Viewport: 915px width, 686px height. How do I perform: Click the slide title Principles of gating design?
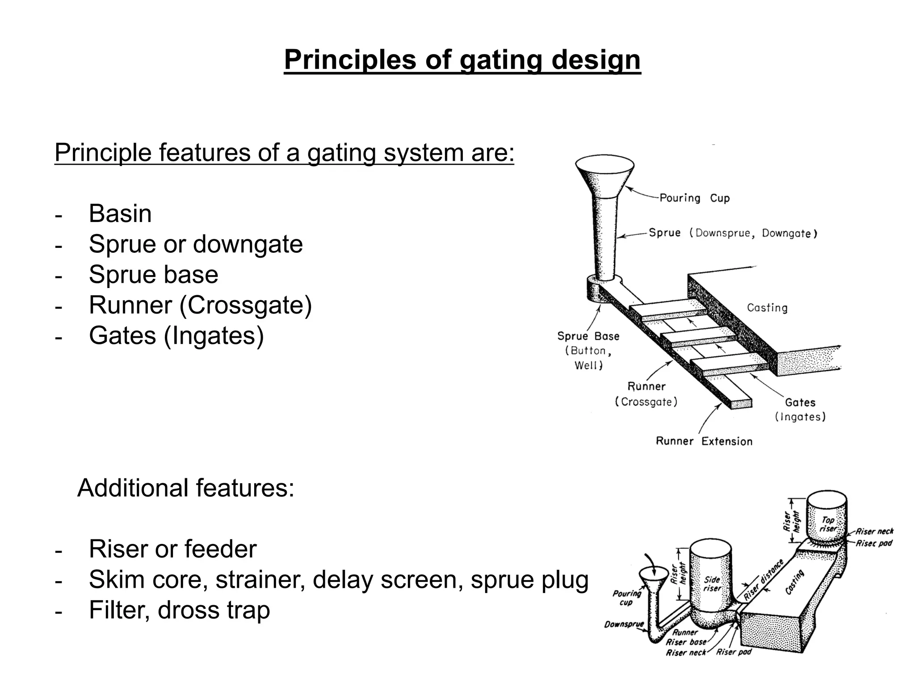[x=462, y=60]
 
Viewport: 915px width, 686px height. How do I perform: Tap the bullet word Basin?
[x=120, y=213]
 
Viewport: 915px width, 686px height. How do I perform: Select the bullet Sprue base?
[x=153, y=274]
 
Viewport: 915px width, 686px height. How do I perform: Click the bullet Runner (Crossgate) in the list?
[x=200, y=305]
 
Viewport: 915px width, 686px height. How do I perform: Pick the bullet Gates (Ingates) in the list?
[x=176, y=335]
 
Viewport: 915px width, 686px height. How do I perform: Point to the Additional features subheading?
[x=186, y=488]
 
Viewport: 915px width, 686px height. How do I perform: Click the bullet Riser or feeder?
[x=172, y=549]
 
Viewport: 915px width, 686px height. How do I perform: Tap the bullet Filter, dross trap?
[x=179, y=610]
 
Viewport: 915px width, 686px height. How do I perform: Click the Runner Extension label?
[x=704, y=441]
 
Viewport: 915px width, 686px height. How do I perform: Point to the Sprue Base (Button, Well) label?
[x=588, y=350]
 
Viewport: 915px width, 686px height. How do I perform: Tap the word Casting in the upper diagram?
[x=767, y=308]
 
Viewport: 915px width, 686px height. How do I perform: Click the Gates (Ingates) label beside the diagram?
[x=800, y=409]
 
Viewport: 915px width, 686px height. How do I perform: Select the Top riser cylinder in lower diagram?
[x=827, y=518]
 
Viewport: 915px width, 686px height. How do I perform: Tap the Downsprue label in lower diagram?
[x=624, y=624]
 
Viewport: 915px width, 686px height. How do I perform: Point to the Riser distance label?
[x=764, y=579]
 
